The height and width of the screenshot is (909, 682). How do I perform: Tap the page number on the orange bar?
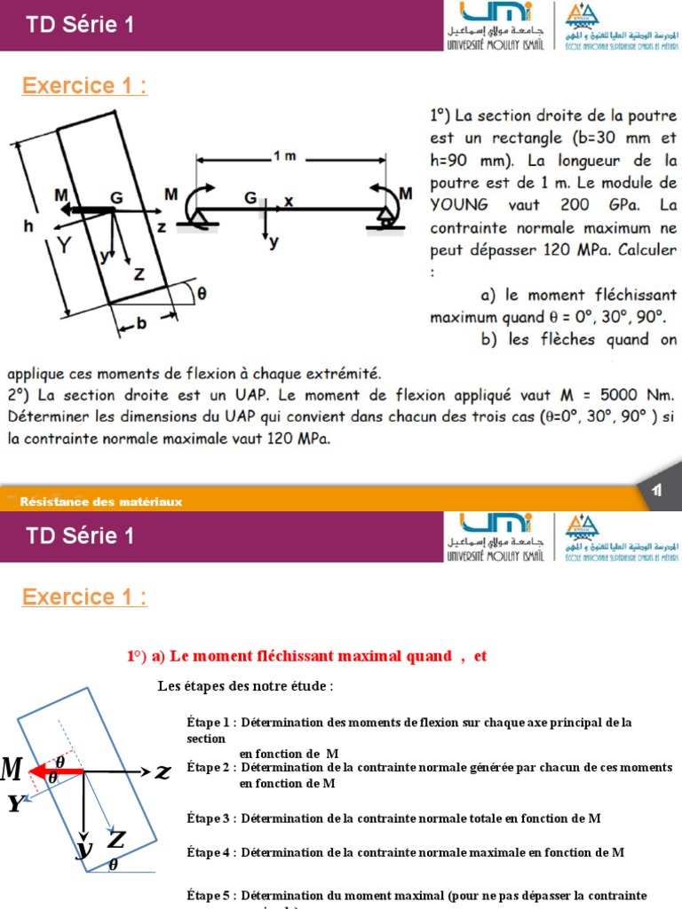point(657,491)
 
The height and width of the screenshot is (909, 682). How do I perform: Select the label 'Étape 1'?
point(210,723)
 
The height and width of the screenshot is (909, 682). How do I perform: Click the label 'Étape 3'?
point(210,818)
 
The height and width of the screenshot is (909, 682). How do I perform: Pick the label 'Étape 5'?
point(210,895)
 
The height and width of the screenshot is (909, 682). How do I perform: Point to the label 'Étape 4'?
point(210,852)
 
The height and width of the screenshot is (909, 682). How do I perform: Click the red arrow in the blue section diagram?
point(58,771)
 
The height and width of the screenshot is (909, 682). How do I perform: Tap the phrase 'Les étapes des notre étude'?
point(245,686)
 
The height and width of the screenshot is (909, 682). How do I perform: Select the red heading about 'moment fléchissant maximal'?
point(307,657)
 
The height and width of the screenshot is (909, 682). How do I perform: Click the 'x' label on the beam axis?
point(289,202)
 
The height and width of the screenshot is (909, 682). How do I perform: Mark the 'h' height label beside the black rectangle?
point(28,226)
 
